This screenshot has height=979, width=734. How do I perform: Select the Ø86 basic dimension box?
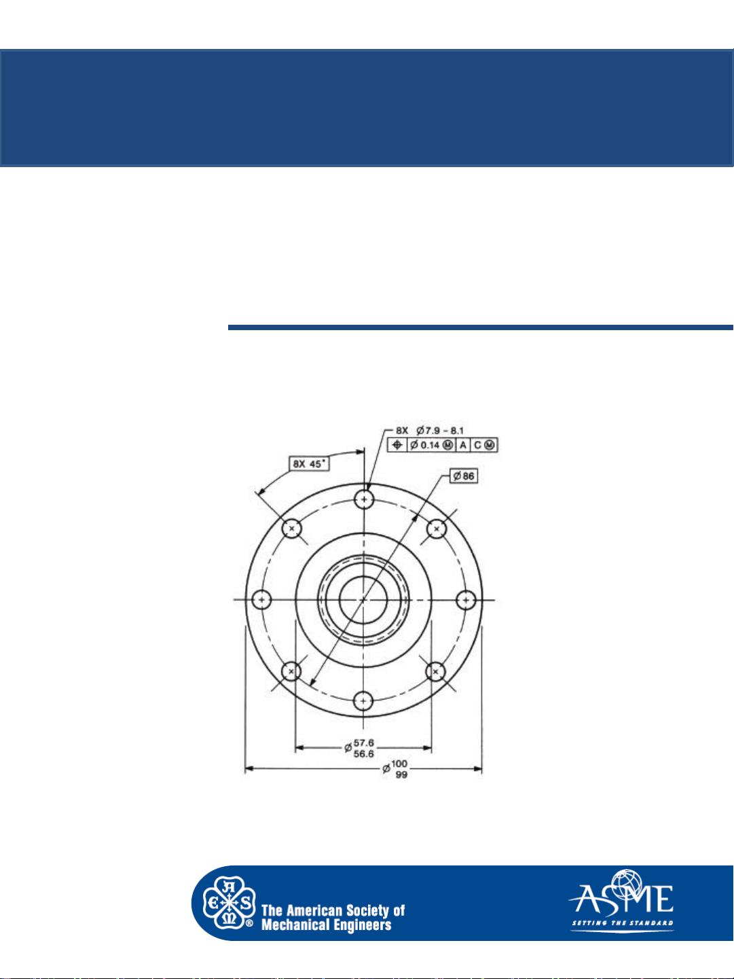coord(464,476)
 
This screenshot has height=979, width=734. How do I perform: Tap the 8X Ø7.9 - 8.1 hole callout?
coord(430,430)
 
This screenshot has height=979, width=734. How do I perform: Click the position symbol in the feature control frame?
coord(397,445)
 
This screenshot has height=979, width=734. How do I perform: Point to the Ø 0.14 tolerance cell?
coord(430,445)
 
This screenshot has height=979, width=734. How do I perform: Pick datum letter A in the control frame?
coord(462,445)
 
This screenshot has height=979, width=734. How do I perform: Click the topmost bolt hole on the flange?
coord(365,499)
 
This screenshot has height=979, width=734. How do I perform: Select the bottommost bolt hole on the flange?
coord(365,700)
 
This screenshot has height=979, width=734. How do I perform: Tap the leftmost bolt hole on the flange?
coord(261,600)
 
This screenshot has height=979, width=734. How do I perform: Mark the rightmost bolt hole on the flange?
coord(466,600)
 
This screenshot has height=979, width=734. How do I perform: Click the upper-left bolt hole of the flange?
coord(292,528)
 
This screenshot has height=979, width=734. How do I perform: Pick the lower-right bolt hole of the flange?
coord(436,672)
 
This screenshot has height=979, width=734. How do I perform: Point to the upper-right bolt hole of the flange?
coord(437,528)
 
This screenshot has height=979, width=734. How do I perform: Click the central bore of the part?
coord(364,600)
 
